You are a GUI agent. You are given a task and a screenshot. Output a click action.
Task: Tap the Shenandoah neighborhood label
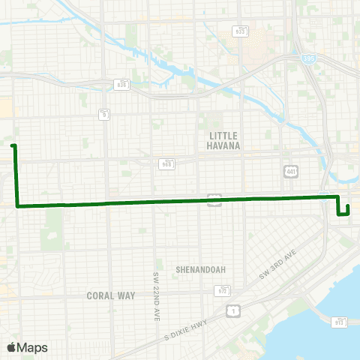pyautogui.click(x=200, y=269)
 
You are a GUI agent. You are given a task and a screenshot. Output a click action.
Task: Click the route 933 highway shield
pyautogui.click(x=240, y=31)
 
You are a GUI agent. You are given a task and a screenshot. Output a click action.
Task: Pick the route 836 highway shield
pyautogui.click(x=121, y=84)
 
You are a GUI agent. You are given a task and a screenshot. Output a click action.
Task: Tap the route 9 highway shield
pyautogui.click(x=105, y=115)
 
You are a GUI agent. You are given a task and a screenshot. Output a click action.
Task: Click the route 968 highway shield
pyautogui.click(x=166, y=163)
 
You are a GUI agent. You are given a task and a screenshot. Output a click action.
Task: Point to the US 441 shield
pyautogui.click(x=291, y=172)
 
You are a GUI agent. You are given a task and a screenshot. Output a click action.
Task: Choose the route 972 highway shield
pyautogui.click(x=223, y=290)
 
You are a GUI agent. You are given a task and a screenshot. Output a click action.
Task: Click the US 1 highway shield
pyautogui.click(x=235, y=309)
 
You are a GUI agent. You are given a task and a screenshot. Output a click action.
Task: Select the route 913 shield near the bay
pyautogui.click(x=340, y=321)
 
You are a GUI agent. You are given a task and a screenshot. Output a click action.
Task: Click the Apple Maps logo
pyautogui.click(x=27, y=347)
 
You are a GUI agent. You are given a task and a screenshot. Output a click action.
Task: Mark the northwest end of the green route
pyautogui.click(x=13, y=145)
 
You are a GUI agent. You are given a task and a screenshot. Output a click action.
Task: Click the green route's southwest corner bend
pyautogui.click(x=16, y=205)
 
